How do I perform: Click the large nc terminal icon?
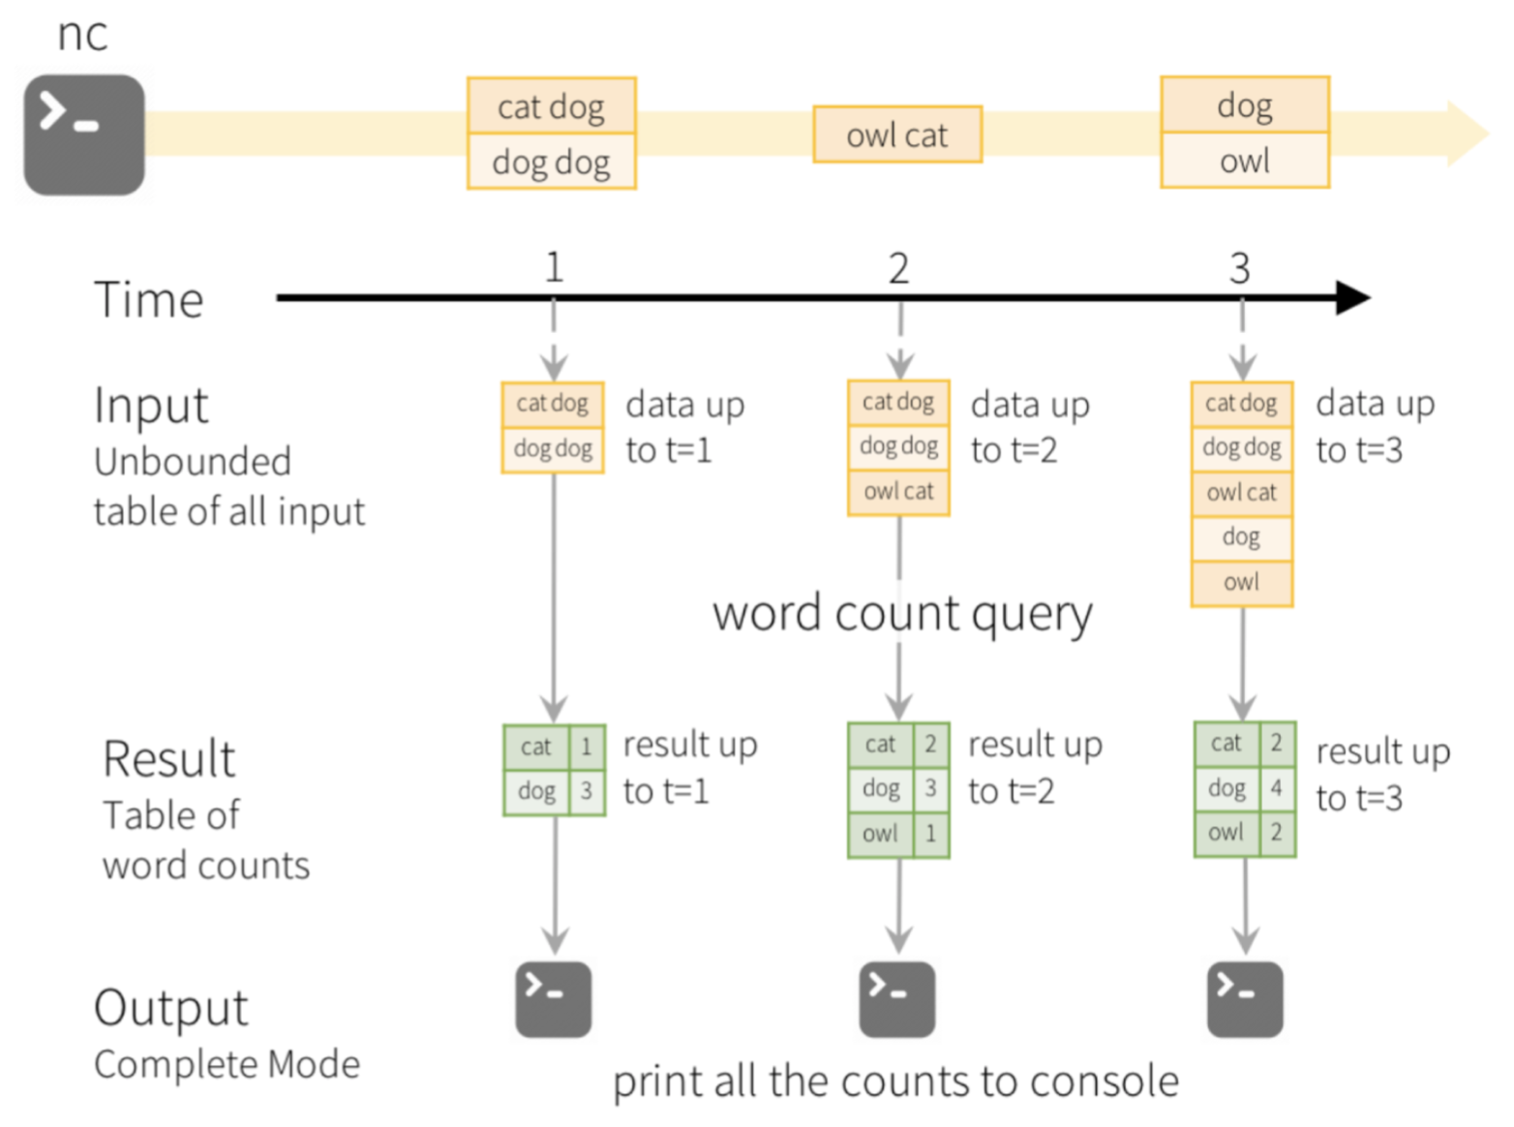(x=84, y=135)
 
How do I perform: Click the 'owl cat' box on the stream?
(x=897, y=135)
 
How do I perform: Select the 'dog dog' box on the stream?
(x=552, y=161)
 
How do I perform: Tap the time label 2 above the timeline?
(x=898, y=268)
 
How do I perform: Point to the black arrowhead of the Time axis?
(x=1353, y=298)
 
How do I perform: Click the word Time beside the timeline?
(x=149, y=299)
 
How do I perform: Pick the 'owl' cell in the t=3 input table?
(x=1242, y=583)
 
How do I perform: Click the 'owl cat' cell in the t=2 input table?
(x=898, y=492)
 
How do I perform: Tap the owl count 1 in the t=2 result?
(x=930, y=834)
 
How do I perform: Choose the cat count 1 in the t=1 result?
(x=587, y=746)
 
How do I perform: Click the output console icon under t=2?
(x=897, y=999)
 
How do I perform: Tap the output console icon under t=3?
(x=1245, y=999)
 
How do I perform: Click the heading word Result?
(x=168, y=759)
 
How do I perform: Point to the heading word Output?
(x=170, y=1008)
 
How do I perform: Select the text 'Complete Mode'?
(x=227, y=1064)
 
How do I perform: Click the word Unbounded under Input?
(x=193, y=462)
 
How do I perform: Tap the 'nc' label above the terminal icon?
(x=82, y=34)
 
